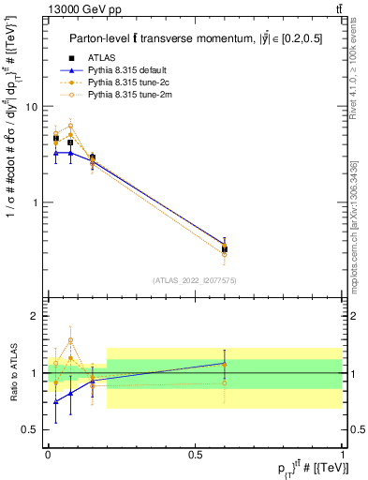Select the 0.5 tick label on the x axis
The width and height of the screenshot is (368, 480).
point(195,454)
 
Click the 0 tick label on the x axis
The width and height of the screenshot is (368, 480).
point(48,454)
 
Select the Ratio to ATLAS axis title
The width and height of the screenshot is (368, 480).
point(13,373)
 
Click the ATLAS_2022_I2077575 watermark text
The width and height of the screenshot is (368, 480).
point(195,279)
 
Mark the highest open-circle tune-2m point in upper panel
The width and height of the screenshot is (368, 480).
point(70,126)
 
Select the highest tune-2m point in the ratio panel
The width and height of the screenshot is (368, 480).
point(70,340)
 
